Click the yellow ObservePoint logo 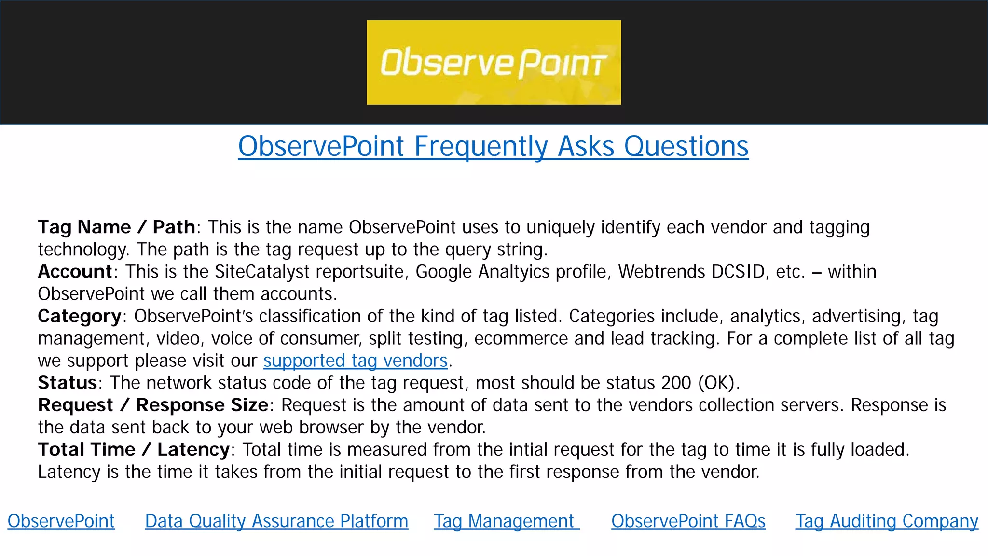click(x=494, y=62)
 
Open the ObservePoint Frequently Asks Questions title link click(x=493, y=146)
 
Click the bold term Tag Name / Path click(x=116, y=227)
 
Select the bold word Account click(x=75, y=271)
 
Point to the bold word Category click(x=80, y=316)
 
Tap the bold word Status click(x=68, y=383)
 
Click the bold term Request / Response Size click(x=153, y=405)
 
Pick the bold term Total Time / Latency click(x=134, y=449)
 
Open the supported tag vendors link click(x=356, y=361)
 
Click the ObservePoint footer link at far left click(x=61, y=521)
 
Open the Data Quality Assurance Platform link click(x=276, y=521)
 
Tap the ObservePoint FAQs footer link click(x=688, y=521)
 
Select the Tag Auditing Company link click(x=887, y=521)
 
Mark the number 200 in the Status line click(x=676, y=383)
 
